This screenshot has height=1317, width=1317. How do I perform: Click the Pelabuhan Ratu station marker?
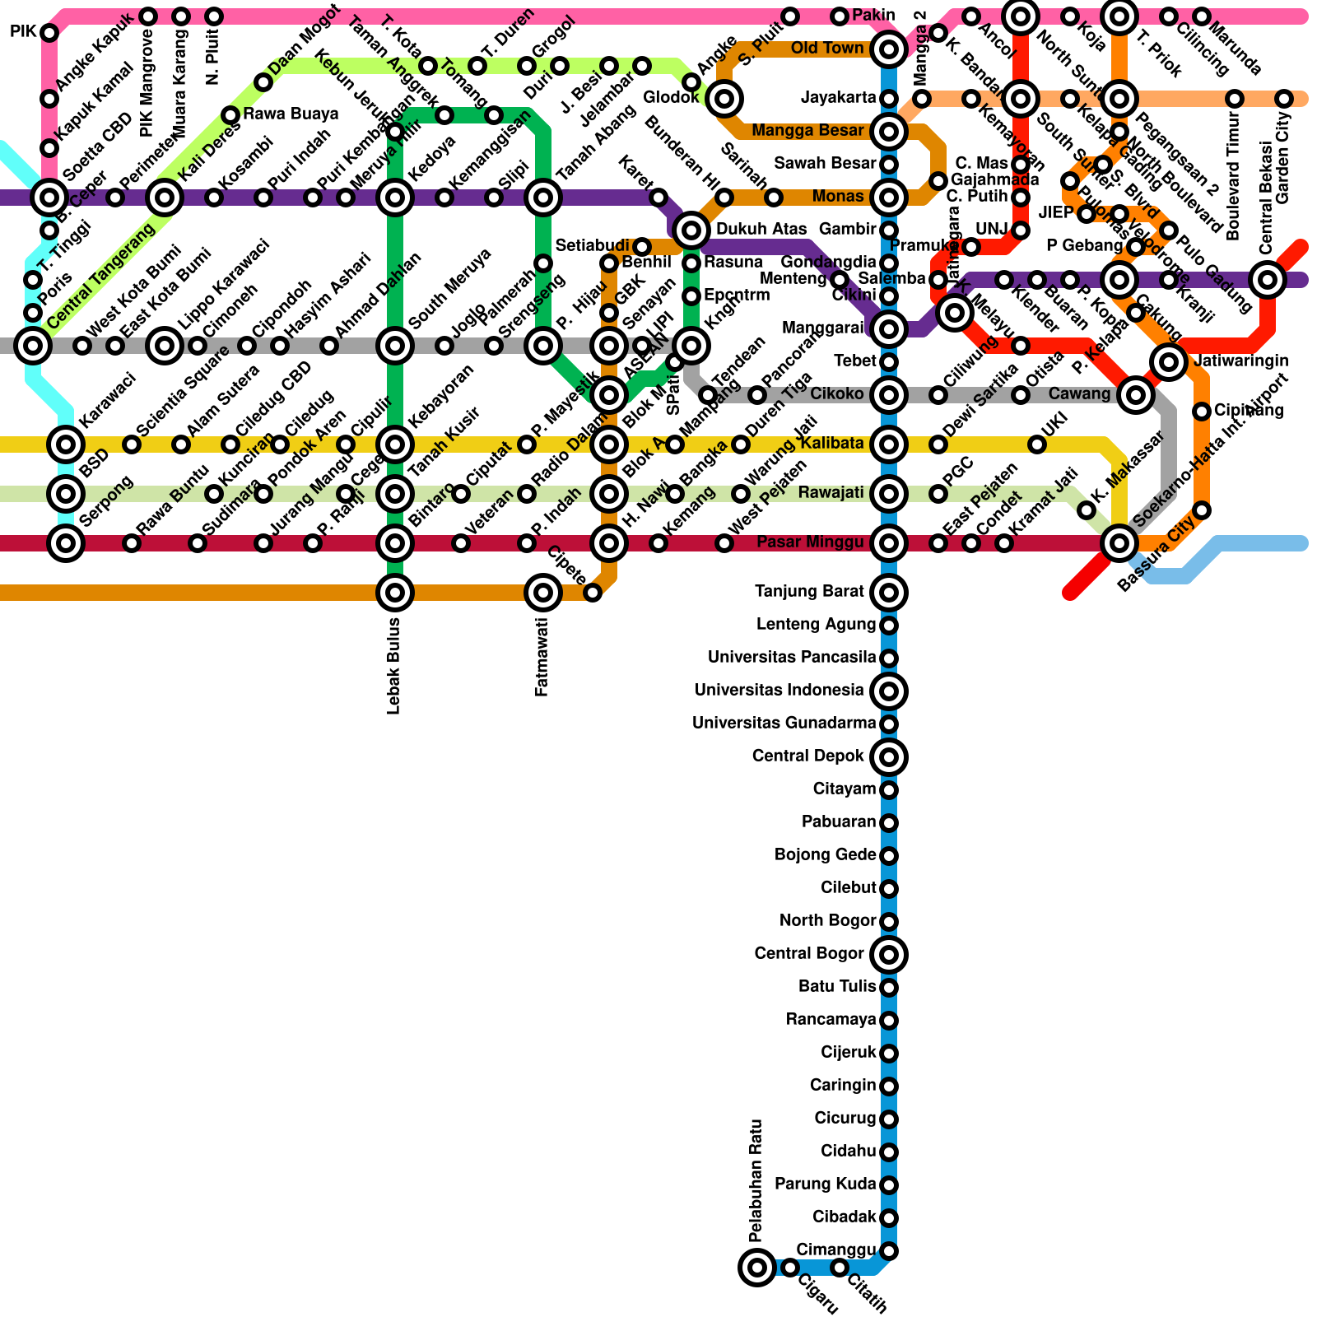click(x=756, y=1267)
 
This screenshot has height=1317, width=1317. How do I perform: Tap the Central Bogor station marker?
click(x=889, y=955)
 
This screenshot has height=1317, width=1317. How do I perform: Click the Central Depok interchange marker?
click(x=889, y=756)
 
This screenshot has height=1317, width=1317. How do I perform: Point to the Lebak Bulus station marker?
click(x=395, y=592)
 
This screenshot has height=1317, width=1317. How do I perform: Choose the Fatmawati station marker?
click(x=543, y=592)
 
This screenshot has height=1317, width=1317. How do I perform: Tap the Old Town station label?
click(x=827, y=49)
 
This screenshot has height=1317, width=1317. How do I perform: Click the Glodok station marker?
click(x=724, y=99)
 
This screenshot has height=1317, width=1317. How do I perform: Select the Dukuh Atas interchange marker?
click(x=691, y=230)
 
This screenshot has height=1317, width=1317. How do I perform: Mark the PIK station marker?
click(x=49, y=33)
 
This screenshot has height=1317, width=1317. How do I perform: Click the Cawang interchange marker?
click(x=1136, y=395)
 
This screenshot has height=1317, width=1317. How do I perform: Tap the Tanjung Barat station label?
click(x=809, y=591)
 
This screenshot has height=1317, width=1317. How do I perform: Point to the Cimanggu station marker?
click(x=889, y=1251)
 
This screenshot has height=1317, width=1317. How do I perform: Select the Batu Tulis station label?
click(x=837, y=986)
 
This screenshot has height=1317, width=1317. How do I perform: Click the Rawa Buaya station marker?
click(x=230, y=114)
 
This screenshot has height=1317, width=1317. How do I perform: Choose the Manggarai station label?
click(x=822, y=328)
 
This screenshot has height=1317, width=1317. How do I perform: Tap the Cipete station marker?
click(x=593, y=593)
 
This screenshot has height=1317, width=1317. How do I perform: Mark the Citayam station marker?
click(x=889, y=790)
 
